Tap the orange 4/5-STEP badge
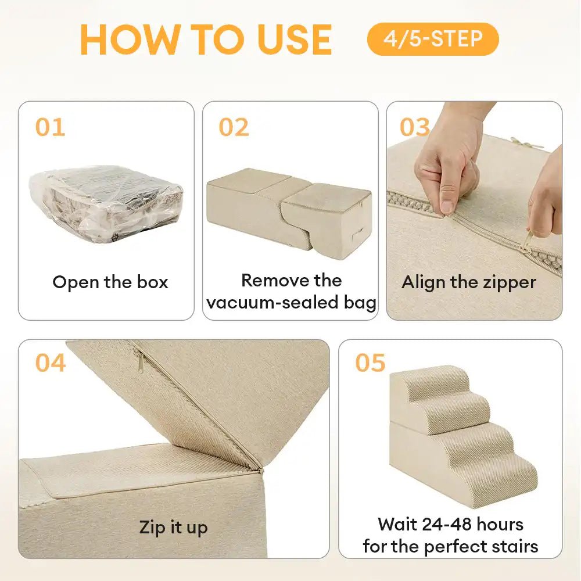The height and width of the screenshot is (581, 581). pyautogui.click(x=433, y=39)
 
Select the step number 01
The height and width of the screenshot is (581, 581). pyautogui.click(x=50, y=127)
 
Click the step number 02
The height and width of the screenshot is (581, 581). pyautogui.click(x=234, y=127)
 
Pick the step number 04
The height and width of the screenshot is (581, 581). pyautogui.click(x=51, y=363)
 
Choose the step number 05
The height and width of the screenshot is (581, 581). pyautogui.click(x=370, y=363)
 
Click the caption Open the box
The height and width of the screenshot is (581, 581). pyautogui.click(x=110, y=282)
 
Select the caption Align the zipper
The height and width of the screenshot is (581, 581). pyautogui.click(x=469, y=282)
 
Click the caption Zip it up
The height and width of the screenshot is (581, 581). pyautogui.click(x=173, y=528)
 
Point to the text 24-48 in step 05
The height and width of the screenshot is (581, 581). pyautogui.click(x=450, y=525)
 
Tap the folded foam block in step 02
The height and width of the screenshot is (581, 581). pyautogui.click(x=289, y=209)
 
